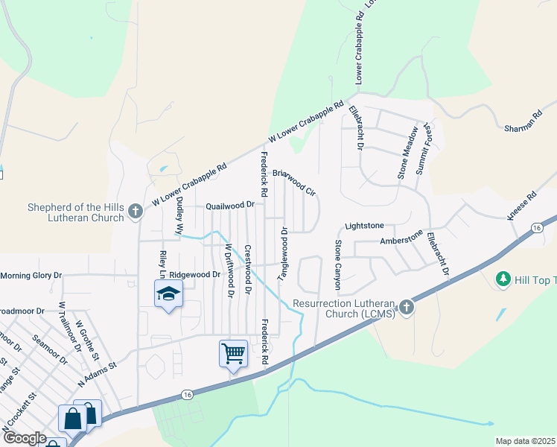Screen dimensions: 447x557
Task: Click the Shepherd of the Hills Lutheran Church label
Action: [75, 212]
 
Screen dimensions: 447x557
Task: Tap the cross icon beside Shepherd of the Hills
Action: [136, 212]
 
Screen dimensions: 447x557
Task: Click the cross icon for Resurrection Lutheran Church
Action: [406, 307]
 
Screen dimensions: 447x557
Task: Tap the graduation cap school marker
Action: [168, 294]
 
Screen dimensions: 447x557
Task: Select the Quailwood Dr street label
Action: [230, 205]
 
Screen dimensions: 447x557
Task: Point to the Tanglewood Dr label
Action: [284, 254]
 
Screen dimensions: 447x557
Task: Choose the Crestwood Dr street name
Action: [248, 269]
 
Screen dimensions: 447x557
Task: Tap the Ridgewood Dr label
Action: [195, 274]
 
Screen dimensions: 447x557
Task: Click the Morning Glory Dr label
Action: [30, 276]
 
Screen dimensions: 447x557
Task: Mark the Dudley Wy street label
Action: [179, 215]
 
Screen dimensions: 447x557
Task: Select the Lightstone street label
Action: [365, 226]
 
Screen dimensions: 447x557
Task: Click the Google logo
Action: [25, 438]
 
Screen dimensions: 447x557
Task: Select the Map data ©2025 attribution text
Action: [525, 441]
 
